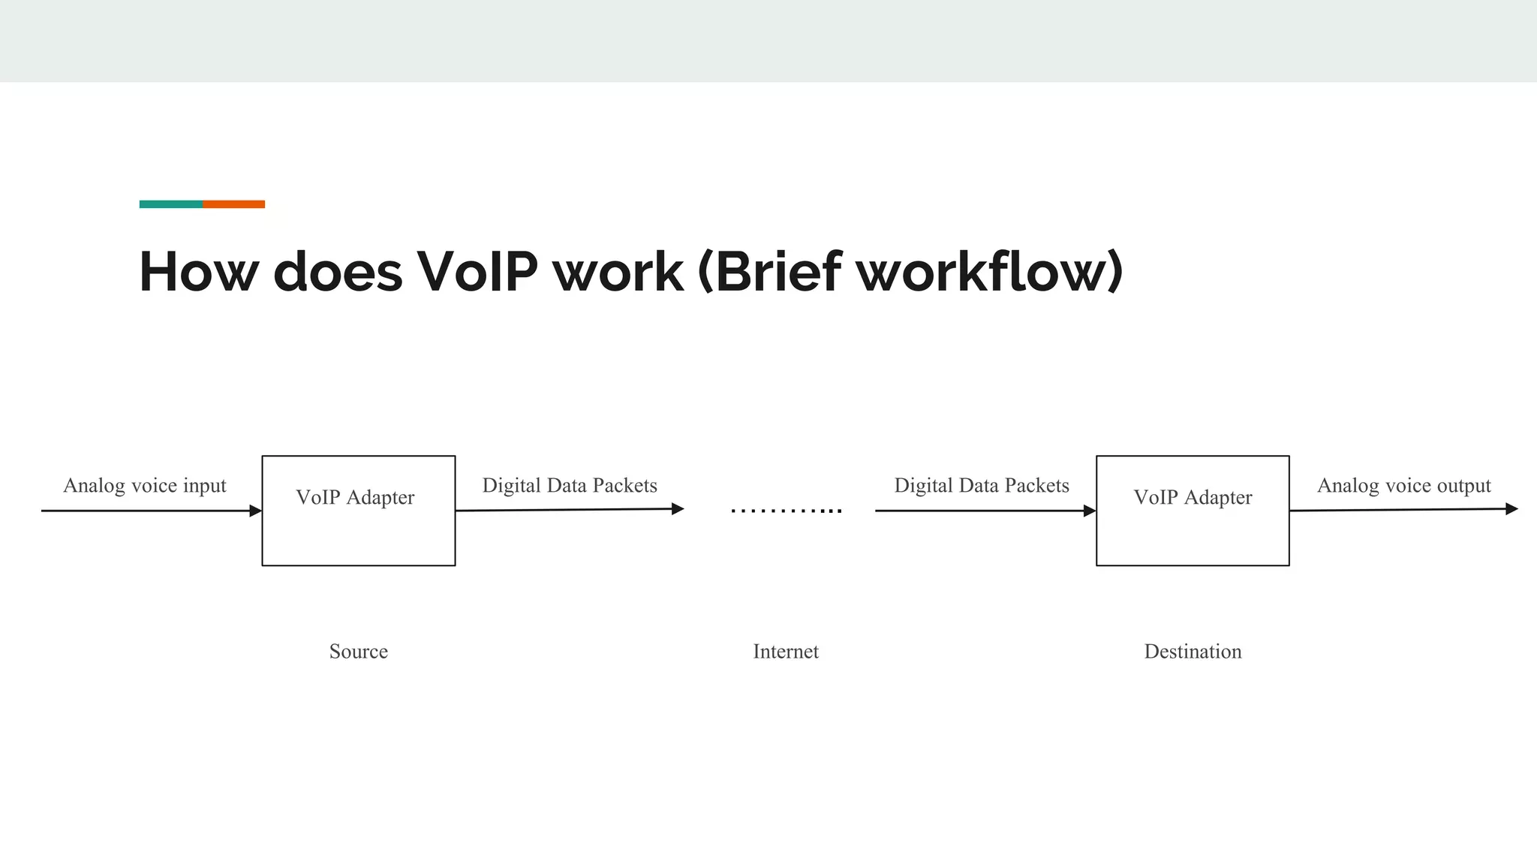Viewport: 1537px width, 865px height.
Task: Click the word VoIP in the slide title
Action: [477, 272]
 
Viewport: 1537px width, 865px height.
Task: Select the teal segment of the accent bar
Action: [171, 204]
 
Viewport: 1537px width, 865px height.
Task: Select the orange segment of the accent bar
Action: [233, 204]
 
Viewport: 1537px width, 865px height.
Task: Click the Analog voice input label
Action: [145, 486]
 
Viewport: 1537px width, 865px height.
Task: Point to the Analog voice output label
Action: [1404, 486]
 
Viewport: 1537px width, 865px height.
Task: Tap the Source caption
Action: [358, 652]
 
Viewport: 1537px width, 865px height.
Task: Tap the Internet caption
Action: [786, 652]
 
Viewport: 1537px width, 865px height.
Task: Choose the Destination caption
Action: [1193, 652]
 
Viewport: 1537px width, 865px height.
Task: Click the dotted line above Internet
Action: [786, 511]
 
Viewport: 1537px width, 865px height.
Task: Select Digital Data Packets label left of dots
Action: [570, 486]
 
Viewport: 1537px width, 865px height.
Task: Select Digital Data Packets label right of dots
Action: [982, 486]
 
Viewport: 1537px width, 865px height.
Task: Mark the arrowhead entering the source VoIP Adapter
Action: [255, 511]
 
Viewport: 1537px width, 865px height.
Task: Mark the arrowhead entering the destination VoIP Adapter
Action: [1090, 511]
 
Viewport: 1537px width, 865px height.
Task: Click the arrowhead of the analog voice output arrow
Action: [1511, 509]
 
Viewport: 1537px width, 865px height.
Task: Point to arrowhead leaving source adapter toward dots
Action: [678, 509]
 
